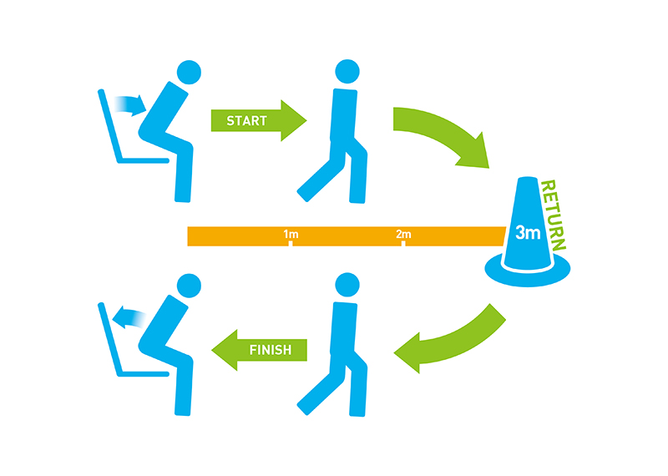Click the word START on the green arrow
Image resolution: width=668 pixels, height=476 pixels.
pyautogui.click(x=246, y=121)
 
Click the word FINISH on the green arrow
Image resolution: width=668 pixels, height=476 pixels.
pyautogui.click(x=271, y=350)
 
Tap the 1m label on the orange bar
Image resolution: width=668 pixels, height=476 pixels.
pyautogui.click(x=291, y=235)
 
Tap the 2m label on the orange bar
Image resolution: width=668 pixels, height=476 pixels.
pyautogui.click(x=403, y=235)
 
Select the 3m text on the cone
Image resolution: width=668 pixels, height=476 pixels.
pyautogui.click(x=527, y=233)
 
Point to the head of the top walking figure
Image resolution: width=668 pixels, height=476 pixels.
pyautogui.click(x=347, y=72)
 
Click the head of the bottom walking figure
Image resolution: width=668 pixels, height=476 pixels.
pyautogui.click(x=347, y=286)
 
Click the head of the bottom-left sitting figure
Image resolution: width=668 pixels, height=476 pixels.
pyautogui.click(x=190, y=286)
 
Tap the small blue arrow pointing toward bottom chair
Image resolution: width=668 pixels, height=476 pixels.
pyautogui.click(x=128, y=317)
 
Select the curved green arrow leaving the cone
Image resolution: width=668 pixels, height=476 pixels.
pyautogui.click(x=451, y=342)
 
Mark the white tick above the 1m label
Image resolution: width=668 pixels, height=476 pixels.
pyautogui.click(x=291, y=243)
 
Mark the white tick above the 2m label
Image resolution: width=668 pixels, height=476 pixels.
pyautogui.click(x=403, y=243)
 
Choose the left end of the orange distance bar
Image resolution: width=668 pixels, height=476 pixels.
pyautogui.click(x=191, y=236)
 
